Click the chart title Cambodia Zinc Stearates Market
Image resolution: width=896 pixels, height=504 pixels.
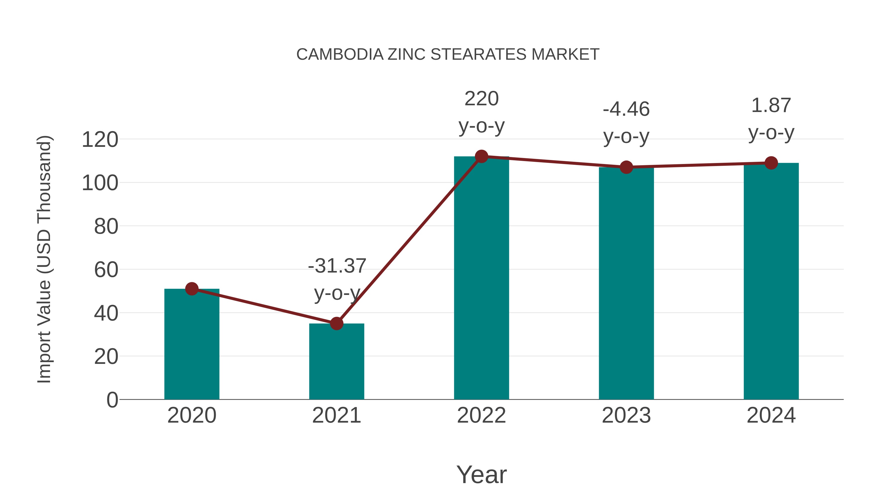tap(448, 55)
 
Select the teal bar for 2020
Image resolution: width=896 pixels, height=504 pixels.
tap(192, 344)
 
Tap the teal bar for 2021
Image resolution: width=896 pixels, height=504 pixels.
tap(336, 362)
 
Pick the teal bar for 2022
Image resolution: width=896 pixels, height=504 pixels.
tap(481, 278)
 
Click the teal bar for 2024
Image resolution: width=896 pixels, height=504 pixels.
tap(771, 282)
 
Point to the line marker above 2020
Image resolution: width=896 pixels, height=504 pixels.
tap(192, 289)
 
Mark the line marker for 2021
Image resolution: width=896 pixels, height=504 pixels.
tap(336, 324)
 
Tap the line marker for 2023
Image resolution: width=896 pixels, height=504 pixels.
tap(626, 167)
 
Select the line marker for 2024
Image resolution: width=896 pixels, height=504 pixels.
tap(771, 163)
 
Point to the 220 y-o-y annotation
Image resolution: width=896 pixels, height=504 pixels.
tap(481, 112)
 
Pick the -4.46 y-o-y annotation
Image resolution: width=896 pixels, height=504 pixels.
tap(626, 122)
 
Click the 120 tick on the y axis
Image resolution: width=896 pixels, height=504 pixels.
tap(100, 140)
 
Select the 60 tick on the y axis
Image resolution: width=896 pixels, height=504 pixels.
tap(106, 270)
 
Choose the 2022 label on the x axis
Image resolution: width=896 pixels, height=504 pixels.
tap(481, 415)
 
